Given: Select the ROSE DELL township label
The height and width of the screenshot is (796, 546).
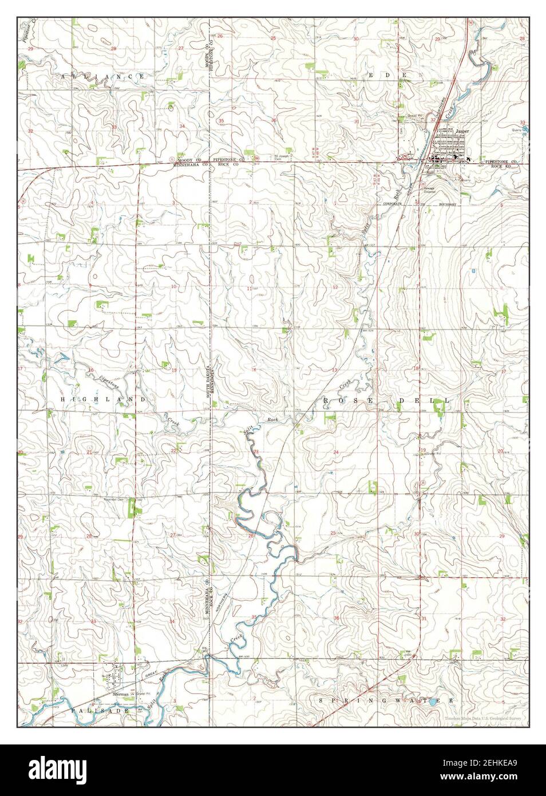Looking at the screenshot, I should click(387, 400).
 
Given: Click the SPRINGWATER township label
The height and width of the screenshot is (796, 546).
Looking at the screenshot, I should click(387, 700).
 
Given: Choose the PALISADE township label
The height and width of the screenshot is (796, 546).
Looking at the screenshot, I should click(92, 710).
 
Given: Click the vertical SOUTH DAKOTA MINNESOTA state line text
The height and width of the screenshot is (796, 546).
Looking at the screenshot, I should click(209, 379).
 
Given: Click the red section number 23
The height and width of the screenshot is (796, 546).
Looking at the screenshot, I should click(256, 452).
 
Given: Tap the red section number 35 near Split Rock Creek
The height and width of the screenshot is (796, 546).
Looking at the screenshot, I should click(254, 617).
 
